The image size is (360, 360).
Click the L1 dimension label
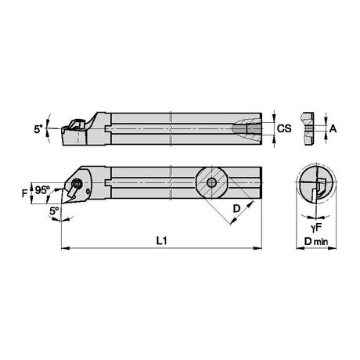click(x=161, y=240)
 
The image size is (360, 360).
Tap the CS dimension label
click(x=284, y=128)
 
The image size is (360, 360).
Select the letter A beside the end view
click(x=333, y=128)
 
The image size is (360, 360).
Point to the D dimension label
click(x=236, y=209)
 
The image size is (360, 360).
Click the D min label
click(x=316, y=242)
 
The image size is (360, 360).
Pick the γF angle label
click(x=316, y=228)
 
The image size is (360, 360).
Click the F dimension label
click(x=24, y=193)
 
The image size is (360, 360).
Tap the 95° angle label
click(x=43, y=190)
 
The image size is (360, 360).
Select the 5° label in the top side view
click(x=38, y=129)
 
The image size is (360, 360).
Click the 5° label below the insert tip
click(x=54, y=211)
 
